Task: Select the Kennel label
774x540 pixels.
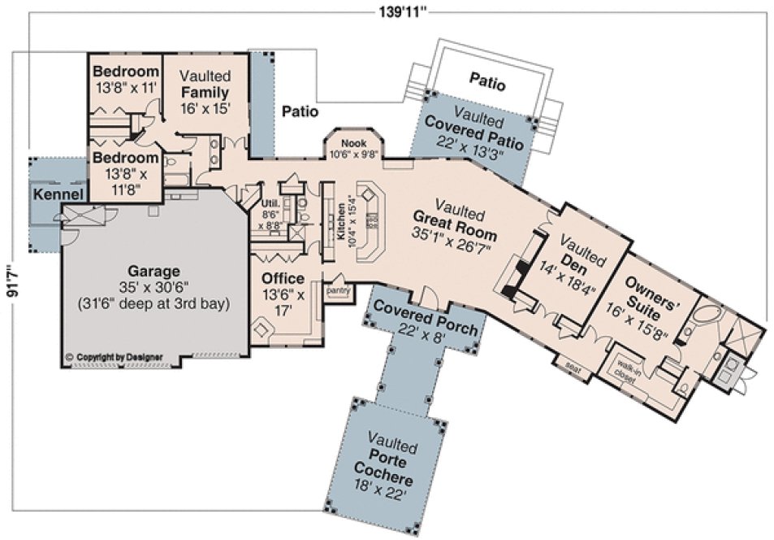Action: coord(57,195)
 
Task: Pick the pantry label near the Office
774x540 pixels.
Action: coord(337,290)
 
